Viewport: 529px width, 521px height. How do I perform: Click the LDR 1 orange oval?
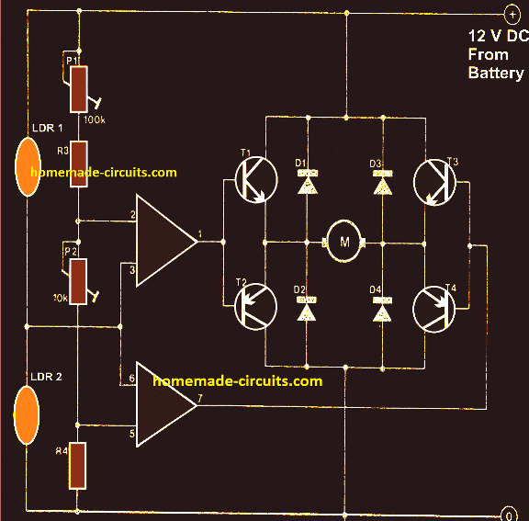28,168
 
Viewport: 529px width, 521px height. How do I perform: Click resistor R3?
79,164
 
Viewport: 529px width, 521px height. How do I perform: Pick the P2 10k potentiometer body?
79,280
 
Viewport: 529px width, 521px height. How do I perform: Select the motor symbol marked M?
345,243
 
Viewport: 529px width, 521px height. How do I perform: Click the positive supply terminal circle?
511,14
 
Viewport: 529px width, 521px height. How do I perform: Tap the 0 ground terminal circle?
511,511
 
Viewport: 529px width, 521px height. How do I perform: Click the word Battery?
495,73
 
